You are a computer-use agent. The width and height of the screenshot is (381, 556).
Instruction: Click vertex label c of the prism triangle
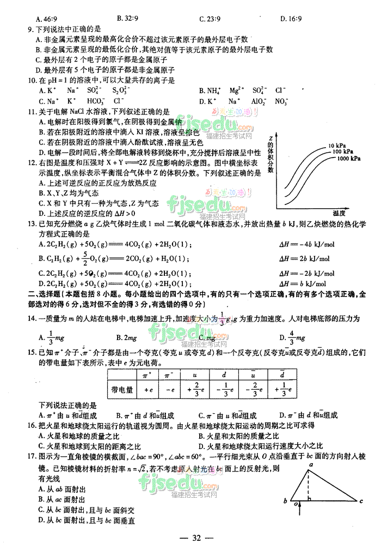coord(361,500)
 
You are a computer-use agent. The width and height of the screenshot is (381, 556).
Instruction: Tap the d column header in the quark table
coord(225,376)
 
